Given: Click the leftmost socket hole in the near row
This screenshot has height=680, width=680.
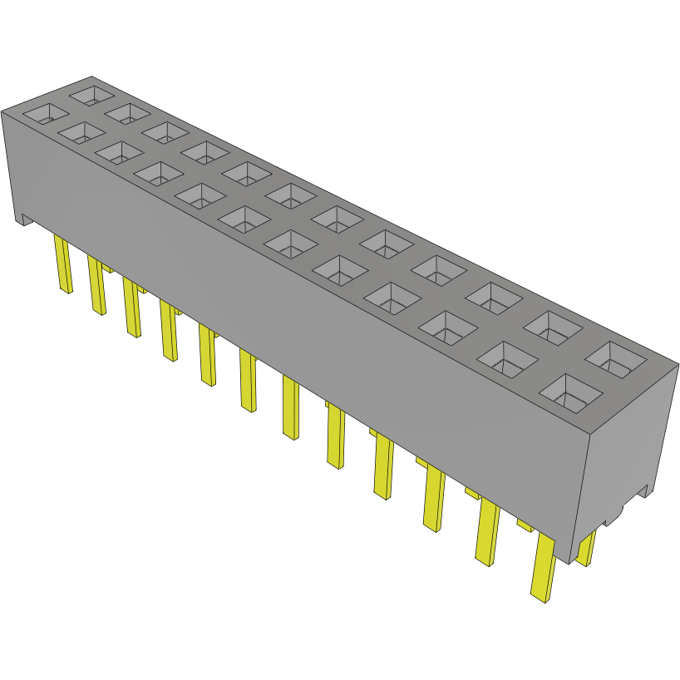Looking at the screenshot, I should (x=46, y=114).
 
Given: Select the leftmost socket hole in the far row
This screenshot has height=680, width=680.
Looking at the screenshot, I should (x=91, y=93).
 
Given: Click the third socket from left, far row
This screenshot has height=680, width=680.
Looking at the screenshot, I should (x=165, y=131).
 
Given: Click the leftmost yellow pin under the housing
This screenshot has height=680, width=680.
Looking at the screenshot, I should (x=63, y=264).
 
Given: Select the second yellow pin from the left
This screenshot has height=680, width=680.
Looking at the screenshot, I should (x=96, y=284).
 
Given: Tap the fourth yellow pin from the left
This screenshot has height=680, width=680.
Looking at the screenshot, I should (x=169, y=330).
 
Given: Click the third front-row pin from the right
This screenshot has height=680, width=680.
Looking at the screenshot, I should (x=434, y=499).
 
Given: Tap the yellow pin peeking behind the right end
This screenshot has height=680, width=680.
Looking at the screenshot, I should (x=587, y=549).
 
